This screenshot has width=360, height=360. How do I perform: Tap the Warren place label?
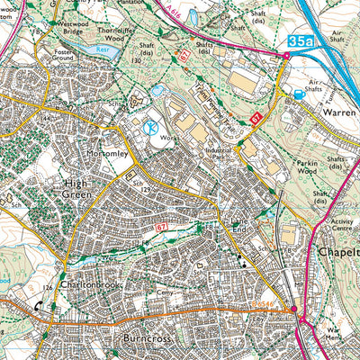tap(329, 115)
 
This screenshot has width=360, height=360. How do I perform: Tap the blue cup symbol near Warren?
tap(298, 93)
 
